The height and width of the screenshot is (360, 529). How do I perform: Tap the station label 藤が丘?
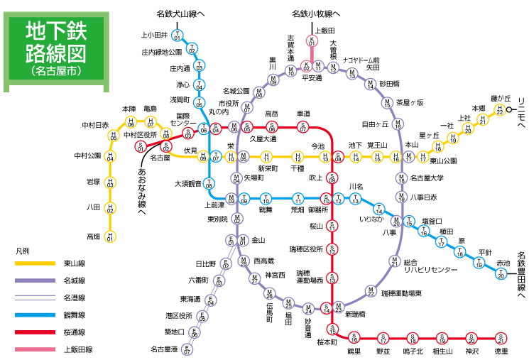pyautogui.click(x=501, y=98)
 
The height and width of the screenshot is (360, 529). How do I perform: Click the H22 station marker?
pyautogui.click(x=500, y=110)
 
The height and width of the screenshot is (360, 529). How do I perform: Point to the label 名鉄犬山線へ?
pyautogui.click(x=180, y=13)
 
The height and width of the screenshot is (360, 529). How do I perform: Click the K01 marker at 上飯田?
pyautogui.click(x=311, y=42)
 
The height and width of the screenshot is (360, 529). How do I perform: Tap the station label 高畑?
pyautogui.click(x=93, y=236)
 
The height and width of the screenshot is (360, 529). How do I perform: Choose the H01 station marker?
pyautogui.click(x=110, y=237)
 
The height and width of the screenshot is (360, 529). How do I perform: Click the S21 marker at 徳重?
pyautogui.click(x=502, y=337)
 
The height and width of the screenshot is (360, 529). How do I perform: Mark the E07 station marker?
pyautogui.click(x=187, y=349)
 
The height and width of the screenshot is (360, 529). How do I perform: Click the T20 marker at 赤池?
pyautogui.click(x=502, y=273)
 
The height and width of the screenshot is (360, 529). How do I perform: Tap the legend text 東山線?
pyautogui.click(x=75, y=263)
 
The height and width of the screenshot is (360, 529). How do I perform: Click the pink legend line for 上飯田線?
pyautogui.click(x=36, y=349)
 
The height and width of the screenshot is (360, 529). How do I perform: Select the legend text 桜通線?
pyautogui.click(x=75, y=332)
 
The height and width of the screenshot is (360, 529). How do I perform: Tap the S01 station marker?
pyautogui.click(x=141, y=148)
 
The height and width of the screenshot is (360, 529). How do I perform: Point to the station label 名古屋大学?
pyautogui.click(x=427, y=178)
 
